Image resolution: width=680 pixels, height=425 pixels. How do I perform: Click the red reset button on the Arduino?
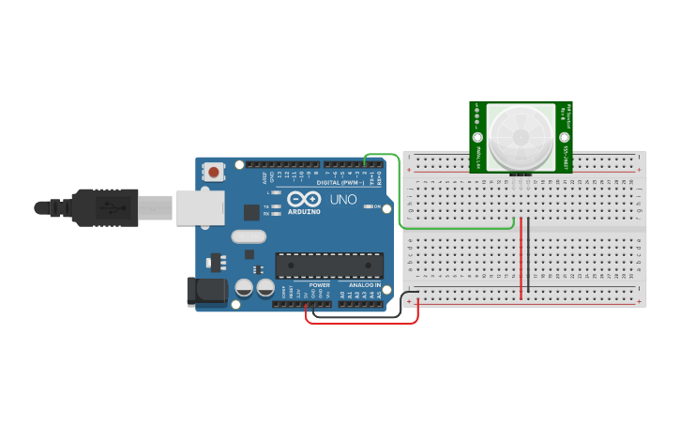215,172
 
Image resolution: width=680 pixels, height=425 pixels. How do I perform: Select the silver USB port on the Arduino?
200,207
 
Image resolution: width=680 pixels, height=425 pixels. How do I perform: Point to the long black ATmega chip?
328,266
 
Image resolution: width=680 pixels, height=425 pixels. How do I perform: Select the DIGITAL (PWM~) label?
340,182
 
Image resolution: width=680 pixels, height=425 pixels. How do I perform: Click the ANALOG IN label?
364,284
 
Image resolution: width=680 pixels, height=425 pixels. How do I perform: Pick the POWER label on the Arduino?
320,284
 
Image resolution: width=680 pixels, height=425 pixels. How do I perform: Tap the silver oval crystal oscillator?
248,236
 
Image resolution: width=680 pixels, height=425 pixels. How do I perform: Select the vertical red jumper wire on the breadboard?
521,258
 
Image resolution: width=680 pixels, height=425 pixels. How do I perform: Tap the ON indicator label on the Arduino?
377,206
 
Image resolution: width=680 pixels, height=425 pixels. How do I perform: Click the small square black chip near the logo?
251,213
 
